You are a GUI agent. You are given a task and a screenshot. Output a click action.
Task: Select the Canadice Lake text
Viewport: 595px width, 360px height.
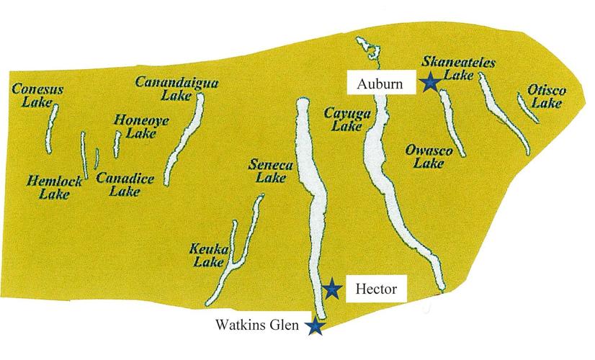coord(120,185)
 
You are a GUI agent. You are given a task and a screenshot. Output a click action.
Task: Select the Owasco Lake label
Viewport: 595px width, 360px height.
coord(428,157)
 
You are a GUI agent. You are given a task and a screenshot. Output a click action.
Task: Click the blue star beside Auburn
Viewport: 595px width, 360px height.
coord(430,82)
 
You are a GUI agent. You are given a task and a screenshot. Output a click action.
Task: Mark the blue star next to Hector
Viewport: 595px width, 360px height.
coord(331,289)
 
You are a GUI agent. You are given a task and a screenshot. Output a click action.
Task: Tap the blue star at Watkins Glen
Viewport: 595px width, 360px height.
coord(315,326)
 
